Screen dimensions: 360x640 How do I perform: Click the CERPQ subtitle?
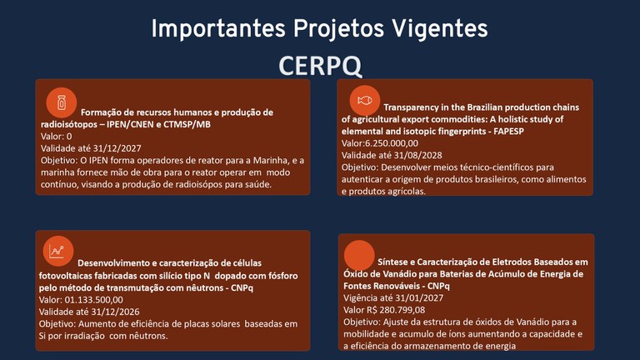tap(319, 65)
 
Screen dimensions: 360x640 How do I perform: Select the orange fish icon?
tap(363, 100)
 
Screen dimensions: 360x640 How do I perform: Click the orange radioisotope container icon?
tap(61, 102)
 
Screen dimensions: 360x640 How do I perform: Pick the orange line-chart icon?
tap(57, 250)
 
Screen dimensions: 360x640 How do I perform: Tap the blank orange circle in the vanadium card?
tap(359, 255)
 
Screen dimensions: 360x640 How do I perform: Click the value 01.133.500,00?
tap(93, 299)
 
